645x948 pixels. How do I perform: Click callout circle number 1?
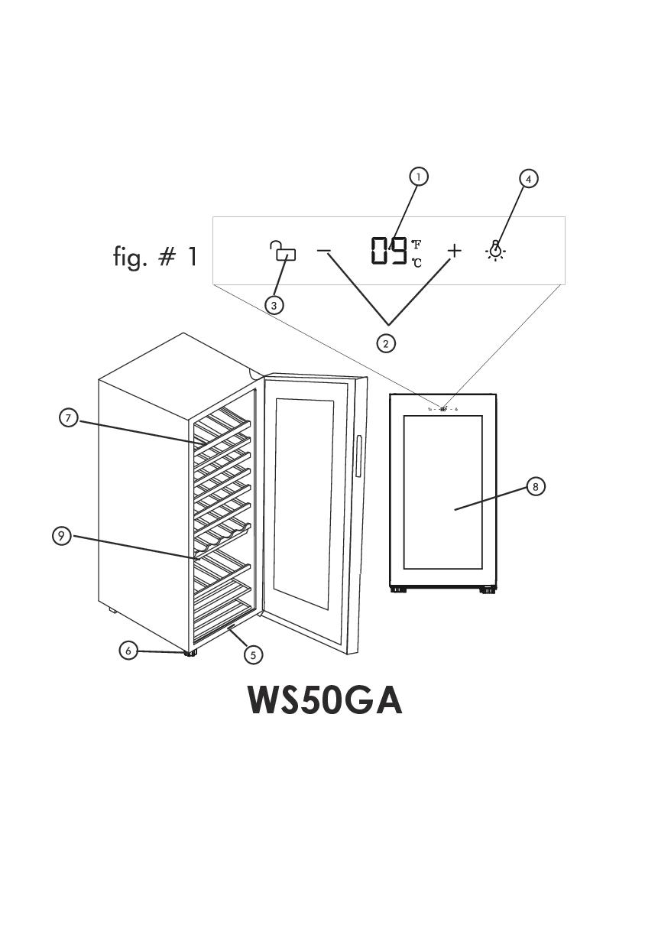coord(417,177)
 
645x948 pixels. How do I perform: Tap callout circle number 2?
coord(386,343)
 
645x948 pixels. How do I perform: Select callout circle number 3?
coord(274,304)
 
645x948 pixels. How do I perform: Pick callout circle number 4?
coord(528,178)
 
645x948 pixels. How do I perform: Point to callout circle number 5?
coord(253,654)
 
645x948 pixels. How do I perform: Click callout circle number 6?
coord(128,651)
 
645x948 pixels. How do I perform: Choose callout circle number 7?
coord(69,417)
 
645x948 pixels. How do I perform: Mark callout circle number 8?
coord(536,486)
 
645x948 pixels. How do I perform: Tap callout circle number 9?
coord(61,536)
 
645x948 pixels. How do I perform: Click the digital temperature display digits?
coord(389,251)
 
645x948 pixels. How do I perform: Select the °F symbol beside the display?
coord(416,245)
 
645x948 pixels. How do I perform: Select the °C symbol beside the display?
coord(416,263)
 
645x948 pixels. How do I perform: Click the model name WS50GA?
coord(325,700)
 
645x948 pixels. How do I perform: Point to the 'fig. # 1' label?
coord(155,256)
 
